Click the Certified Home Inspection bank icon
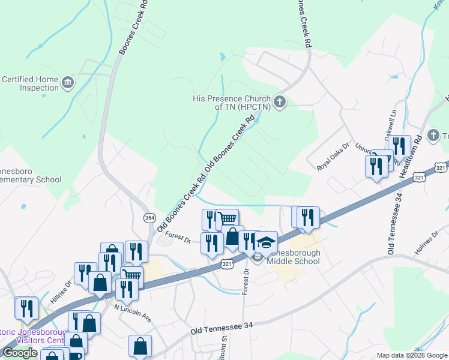pos(67,82)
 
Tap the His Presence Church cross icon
pos(280,102)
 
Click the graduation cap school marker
pos(266,242)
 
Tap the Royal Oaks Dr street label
pos(334,157)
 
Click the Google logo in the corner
pos(20,353)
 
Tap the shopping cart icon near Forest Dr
pos(228,219)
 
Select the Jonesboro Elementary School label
pos(30,174)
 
